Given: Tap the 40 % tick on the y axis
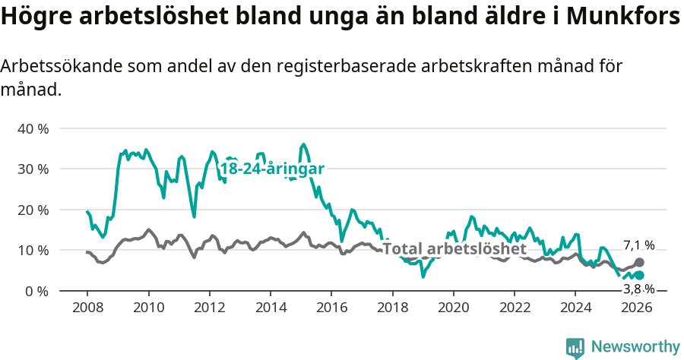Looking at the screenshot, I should tap(33, 128).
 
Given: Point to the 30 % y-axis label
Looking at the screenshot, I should tap(33, 169).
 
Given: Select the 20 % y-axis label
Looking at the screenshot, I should tap(33, 210).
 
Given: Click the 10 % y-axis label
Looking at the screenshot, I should tap(33, 250).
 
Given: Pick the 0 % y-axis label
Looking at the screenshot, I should tap(36, 291).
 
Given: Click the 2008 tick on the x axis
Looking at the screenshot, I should tap(87, 308).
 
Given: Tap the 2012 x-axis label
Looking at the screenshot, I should tap(209, 308).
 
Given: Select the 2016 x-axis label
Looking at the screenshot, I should tap(331, 308).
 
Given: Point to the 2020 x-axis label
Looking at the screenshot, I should tap(453, 308).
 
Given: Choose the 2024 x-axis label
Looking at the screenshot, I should tap(575, 308).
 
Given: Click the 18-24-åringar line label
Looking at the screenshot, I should tap(272, 169).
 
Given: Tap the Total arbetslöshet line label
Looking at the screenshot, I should tap(454, 248).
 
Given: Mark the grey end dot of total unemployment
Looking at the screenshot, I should tap(639, 263).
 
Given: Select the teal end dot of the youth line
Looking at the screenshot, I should tap(639, 276).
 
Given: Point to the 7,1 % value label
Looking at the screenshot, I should tap(638, 245).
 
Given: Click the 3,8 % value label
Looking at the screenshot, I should tap(638, 289).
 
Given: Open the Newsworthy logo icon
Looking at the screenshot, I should tap(575, 348).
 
